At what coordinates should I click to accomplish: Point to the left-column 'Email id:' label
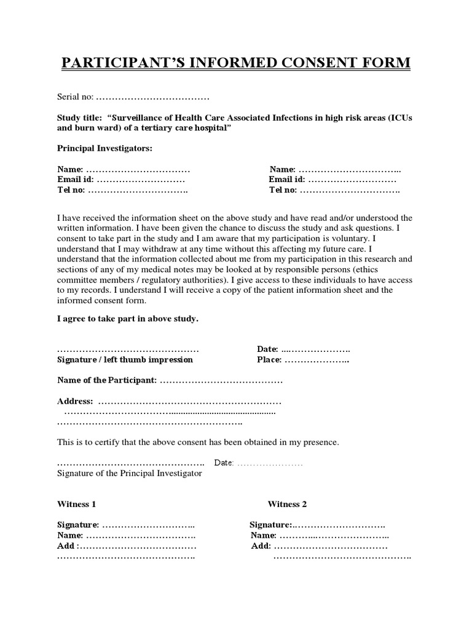[x=76, y=180]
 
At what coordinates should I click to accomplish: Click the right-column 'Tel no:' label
[x=283, y=190]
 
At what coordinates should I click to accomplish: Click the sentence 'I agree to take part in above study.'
[x=128, y=319]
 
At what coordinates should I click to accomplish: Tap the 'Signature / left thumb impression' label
[x=125, y=359]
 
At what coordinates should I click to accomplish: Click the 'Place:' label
[x=269, y=359]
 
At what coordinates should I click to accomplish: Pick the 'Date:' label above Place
[x=267, y=349]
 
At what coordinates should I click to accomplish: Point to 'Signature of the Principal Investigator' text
[x=129, y=473]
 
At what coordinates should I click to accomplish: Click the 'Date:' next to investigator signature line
[x=224, y=463]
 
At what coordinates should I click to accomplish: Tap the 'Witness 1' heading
[x=76, y=504]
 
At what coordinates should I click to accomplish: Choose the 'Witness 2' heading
[x=287, y=504]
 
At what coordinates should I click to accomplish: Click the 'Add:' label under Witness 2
[x=261, y=546]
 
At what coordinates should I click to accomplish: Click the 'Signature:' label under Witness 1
[x=78, y=525]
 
